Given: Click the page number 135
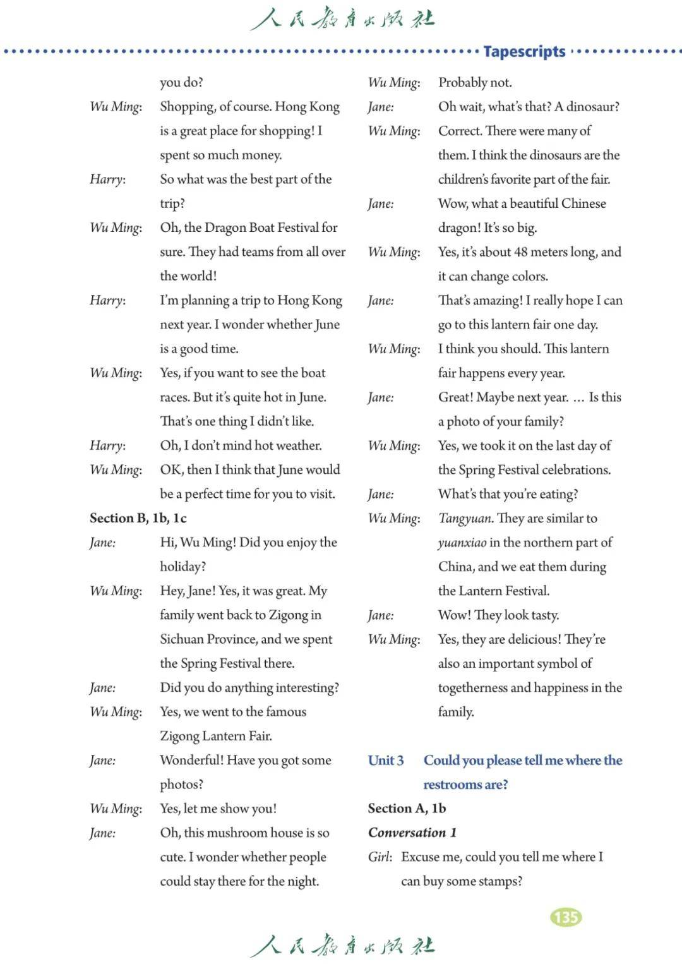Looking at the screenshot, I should (566, 917).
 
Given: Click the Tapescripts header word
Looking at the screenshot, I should (524, 51).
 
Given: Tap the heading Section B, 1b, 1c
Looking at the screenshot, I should (138, 518).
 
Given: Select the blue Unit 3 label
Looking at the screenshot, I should (386, 760).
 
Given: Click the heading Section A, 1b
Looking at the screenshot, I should (407, 808).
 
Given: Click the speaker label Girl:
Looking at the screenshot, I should (380, 857).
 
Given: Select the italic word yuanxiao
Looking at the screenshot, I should (462, 543).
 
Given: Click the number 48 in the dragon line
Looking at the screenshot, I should (520, 252).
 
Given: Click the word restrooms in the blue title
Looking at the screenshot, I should (452, 785).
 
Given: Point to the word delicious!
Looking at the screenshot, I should (525, 639).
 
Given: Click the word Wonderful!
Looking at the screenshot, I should (191, 760).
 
